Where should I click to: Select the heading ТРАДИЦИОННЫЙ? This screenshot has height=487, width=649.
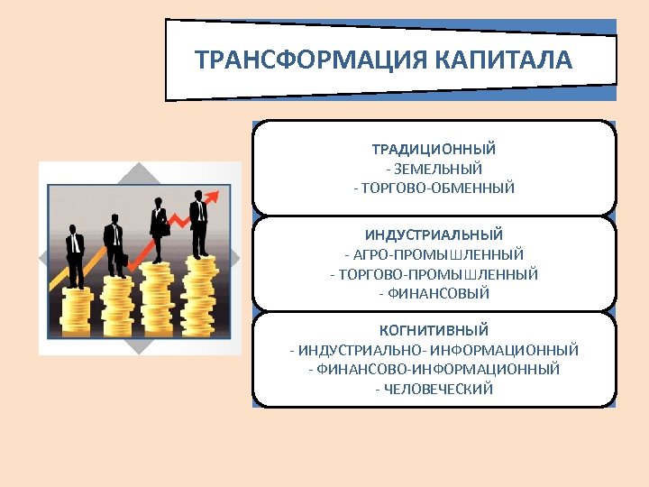tap(434, 149)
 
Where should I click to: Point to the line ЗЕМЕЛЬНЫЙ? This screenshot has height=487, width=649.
tap(434, 169)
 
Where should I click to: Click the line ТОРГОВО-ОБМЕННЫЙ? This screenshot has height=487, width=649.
tap(434, 188)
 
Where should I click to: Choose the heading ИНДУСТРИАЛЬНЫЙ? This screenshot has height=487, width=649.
tap(434, 234)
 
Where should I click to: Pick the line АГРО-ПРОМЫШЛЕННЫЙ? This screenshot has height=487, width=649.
tap(434, 254)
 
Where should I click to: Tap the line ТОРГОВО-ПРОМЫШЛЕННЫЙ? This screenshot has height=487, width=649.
tap(434, 274)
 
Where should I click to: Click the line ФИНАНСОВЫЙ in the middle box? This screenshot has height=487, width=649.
tap(434, 294)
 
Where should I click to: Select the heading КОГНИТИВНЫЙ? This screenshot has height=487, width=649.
tap(434, 330)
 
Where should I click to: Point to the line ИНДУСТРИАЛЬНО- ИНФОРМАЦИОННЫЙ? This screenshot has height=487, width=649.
tap(434, 350)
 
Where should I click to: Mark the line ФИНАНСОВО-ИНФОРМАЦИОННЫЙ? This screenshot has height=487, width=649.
tap(434, 370)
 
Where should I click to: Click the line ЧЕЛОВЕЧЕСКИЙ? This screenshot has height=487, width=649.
tap(434, 390)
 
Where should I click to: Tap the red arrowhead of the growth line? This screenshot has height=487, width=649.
tap(214, 194)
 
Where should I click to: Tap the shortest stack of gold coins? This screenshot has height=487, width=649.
tap(77, 311)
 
